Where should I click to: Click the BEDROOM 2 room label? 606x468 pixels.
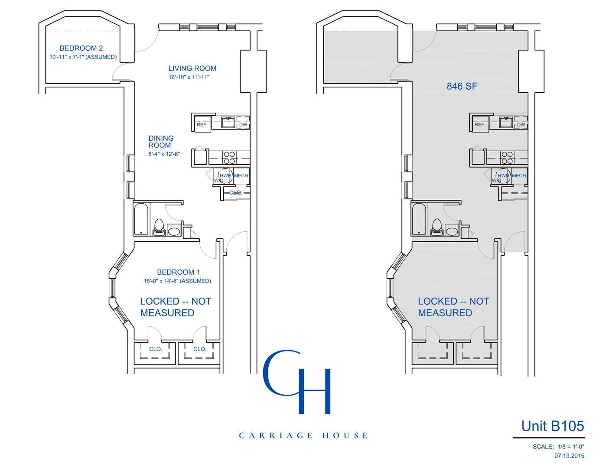[x=81, y=48]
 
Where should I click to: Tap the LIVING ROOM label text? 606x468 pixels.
[x=192, y=68]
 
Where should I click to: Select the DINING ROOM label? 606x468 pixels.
[x=161, y=142]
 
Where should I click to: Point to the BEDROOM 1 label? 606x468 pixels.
[x=178, y=272]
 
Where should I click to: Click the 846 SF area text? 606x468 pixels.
[x=462, y=86]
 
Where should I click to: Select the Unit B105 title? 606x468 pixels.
[x=552, y=426]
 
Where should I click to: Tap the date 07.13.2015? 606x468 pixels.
[x=569, y=455]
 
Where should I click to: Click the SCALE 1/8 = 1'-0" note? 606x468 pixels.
[x=558, y=446]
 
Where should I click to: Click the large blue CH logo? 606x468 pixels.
[x=297, y=382]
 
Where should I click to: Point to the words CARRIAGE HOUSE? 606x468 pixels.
[x=303, y=435]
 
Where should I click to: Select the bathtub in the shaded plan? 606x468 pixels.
[x=419, y=219]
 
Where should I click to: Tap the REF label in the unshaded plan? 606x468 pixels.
[x=202, y=125]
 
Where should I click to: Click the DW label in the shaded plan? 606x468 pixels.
[x=521, y=125]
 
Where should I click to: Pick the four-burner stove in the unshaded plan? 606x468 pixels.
[x=229, y=158]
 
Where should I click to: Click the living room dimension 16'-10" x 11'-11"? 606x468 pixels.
[x=189, y=77]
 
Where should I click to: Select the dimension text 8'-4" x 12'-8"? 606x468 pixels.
[x=164, y=154]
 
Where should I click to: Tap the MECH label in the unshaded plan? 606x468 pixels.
[x=241, y=175]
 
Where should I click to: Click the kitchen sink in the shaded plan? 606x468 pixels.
[x=505, y=122]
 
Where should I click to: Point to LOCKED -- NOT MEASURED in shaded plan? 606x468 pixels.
[x=453, y=307]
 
